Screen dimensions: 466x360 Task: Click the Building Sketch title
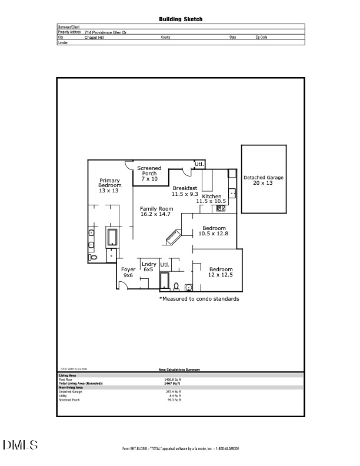(181, 19)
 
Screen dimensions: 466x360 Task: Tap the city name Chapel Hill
(95, 37)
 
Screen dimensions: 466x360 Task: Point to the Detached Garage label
(264, 180)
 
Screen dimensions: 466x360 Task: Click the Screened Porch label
(149, 173)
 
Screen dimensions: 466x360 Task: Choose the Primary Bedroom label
(109, 185)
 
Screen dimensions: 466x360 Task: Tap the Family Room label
(156, 211)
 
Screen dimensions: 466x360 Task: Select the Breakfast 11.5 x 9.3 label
(184, 191)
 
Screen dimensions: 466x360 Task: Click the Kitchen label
(211, 198)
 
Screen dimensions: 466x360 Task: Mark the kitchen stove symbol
(221, 208)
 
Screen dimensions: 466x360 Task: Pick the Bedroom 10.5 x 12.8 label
(214, 231)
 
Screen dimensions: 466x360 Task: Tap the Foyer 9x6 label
(128, 272)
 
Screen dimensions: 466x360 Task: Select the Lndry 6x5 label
(149, 267)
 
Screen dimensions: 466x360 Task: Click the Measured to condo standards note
(199, 299)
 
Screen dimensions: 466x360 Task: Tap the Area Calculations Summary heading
(179, 370)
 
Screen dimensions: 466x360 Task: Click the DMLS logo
(21, 445)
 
